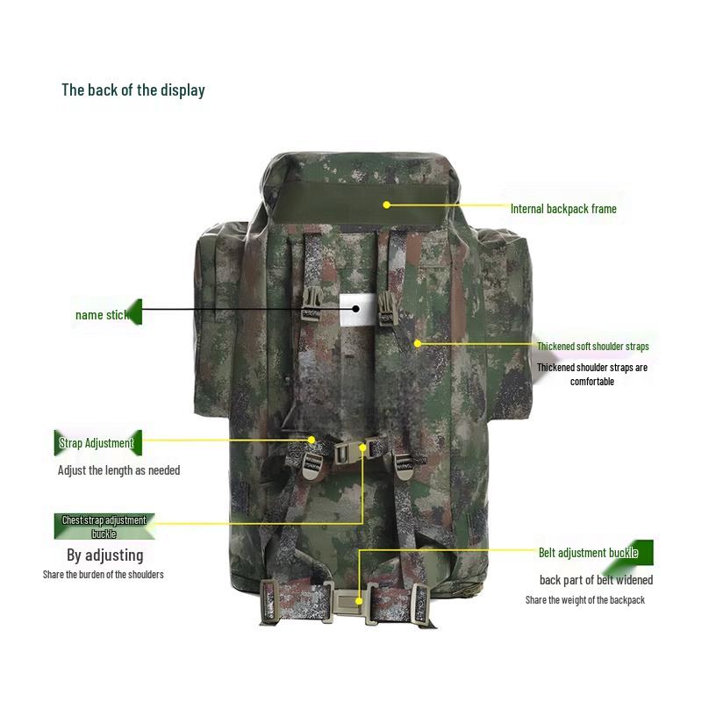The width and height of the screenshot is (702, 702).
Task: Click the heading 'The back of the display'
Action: (133, 90)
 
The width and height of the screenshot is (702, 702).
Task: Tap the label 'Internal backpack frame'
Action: (563, 209)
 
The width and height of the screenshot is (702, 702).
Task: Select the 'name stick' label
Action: (103, 315)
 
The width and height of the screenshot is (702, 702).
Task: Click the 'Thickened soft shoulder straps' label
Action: (593, 346)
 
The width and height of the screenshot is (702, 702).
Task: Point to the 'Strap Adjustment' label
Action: (97, 443)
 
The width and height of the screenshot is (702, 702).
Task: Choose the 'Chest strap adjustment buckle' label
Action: (104, 526)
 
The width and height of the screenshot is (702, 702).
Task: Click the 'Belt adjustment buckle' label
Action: (588, 553)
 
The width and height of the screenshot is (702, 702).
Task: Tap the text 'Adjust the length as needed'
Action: (118, 470)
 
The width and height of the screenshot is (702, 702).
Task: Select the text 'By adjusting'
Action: (104, 555)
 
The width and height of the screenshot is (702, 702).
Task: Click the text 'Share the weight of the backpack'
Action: (584, 600)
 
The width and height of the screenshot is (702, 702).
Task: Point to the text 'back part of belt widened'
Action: (596, 580)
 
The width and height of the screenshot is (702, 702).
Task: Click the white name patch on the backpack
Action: (358, 310)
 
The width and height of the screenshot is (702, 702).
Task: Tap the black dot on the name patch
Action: (355, 309)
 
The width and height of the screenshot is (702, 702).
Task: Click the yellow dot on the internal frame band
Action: (387, 205)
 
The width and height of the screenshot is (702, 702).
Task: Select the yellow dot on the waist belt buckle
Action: (359, 601)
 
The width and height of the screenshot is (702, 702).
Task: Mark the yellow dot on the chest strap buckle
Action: (362, 448)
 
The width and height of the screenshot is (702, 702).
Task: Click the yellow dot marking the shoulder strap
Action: (418, 343)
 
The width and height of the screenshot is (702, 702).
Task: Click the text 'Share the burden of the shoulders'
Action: (103, 575)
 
